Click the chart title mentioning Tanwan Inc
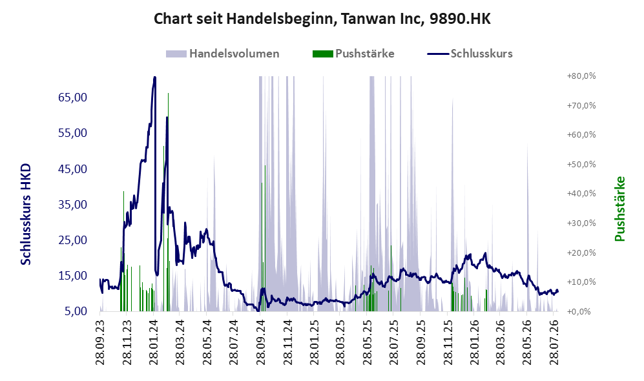pos(322,19)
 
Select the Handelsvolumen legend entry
pos(223,54)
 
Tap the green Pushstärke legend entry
pos(353,54)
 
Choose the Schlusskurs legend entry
pos(470,54)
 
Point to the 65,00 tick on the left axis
pos(73,98)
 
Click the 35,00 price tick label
pos(73,205)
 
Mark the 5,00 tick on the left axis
pos(76,311)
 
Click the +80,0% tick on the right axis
pos(581,76)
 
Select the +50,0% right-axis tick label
pos(581,164)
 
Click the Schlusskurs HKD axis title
pos(26,214)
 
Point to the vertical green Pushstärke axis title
pos(619,209)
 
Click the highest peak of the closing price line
pos(154,77)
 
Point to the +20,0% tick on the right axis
pos(581,252)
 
